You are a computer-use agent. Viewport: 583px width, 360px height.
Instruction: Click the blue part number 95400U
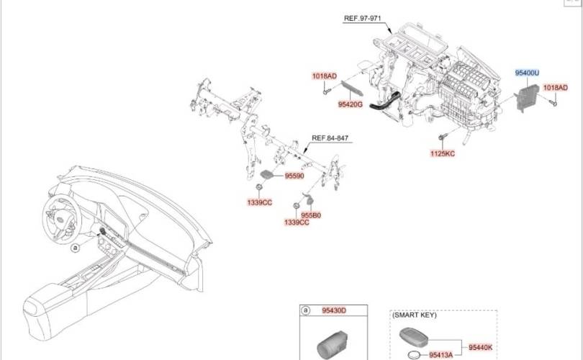(x=527, y=73)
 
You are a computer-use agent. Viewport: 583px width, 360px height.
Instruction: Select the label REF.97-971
(x=363, y=18)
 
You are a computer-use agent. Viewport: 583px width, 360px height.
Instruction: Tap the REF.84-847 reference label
(x=330, y=138)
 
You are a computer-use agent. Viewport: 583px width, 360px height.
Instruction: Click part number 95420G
(x=350, y=104)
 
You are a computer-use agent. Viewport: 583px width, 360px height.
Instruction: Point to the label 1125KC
(x=443, y=153)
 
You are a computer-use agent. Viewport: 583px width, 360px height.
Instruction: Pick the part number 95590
(x=294, y=176)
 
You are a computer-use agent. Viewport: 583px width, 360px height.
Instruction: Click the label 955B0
(x=311, y=215)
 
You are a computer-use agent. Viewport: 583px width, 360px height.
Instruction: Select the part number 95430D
(x=334, y=310)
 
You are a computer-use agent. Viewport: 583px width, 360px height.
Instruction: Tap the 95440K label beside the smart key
(x=480, y=347)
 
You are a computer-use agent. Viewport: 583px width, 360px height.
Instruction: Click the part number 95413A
(x=441, y=355)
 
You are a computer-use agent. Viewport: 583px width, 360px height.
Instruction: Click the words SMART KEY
(x=415, y=315)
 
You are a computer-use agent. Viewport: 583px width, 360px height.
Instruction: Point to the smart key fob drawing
(x=413, y=336)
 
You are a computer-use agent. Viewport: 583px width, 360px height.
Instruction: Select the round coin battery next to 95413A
(x=414, y=355)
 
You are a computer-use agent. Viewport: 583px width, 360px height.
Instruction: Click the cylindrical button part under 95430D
(x=332, y=346)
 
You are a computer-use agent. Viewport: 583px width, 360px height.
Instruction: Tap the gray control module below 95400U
(x=528, y=98)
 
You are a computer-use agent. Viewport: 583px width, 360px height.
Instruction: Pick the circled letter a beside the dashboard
(x=76, y=247)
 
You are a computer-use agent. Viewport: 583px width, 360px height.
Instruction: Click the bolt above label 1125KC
(x=442, y=137)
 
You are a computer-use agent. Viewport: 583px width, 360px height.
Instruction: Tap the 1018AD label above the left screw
(x=324, y=76)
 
